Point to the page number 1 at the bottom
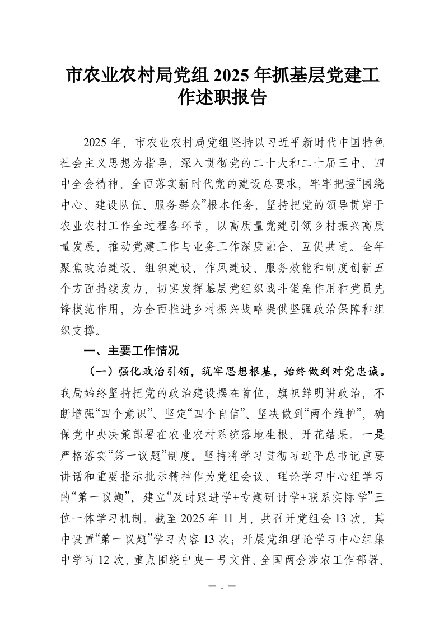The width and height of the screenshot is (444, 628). click(x=222, y=587)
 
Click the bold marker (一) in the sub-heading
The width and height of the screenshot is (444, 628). click(x=100, y=372)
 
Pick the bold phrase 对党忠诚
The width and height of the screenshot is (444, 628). click(x=358, y=372)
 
